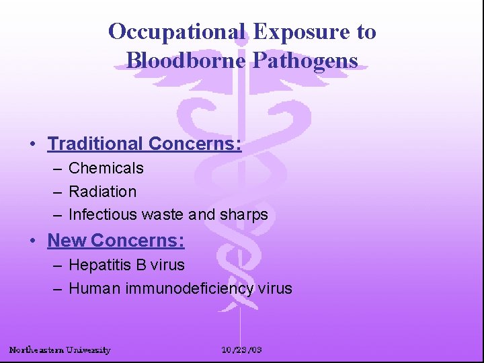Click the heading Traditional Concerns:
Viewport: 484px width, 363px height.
click(x=145, y=144)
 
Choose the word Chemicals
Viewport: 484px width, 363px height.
click(x=106, y=168)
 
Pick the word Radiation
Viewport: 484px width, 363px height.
click(x=102, y=192)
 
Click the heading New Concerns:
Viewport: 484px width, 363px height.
click(x=116, y=241)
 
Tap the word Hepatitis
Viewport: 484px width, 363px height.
click(x=99, y=266)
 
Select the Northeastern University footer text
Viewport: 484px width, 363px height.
click(x=60, y=350)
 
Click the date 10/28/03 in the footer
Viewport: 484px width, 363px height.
click(x=242, y=350)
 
